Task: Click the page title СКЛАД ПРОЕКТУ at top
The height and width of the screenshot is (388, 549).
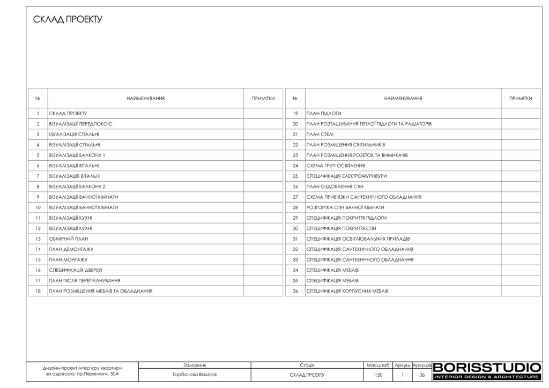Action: point(68,20)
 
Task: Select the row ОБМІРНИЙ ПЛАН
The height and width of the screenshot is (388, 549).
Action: point(68,239)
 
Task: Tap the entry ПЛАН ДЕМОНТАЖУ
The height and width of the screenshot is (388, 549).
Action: point(71,249)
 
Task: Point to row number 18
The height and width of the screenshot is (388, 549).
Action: point(38,291)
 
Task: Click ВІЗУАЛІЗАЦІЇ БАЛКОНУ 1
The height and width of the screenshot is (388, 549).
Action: point(77,155)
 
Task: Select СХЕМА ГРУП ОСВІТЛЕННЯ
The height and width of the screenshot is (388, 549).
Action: point(336,166)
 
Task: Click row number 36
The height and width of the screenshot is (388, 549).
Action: point(295,291)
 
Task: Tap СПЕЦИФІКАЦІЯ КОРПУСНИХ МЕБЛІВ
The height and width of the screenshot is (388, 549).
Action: point(347,291)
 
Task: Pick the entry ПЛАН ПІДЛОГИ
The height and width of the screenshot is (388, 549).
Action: point(324,114)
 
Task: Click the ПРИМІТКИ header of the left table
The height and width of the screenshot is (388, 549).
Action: point(263,99)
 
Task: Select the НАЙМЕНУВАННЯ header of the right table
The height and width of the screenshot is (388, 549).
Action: point(403,99)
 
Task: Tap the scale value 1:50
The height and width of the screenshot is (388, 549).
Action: point(378,375)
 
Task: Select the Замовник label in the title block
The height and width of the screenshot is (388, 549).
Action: point(195,364)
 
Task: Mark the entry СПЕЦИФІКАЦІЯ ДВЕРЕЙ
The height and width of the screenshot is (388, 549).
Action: point(75,270)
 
